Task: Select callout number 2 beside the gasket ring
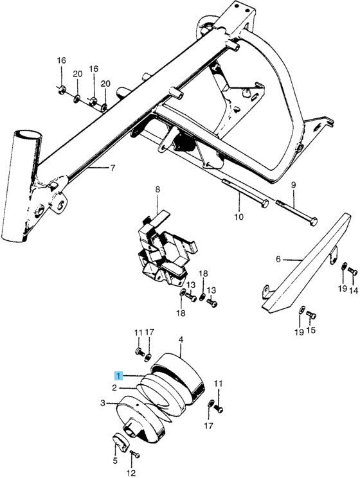point(114,388)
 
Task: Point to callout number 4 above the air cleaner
point(181,339)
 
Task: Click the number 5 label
point(115,461)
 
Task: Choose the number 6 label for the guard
point(278,260)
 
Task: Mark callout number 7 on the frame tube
point(112,168)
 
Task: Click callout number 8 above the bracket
point(157,190)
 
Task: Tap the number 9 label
point(293,186)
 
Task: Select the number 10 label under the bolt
point(239,217)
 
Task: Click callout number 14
point(352,290)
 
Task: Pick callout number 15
point(312,331)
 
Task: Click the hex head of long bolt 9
point(313,221)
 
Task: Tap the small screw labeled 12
point(134,456)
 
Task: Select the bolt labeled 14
point(352,272)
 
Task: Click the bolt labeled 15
point(311,315)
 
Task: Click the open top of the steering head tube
point(26,137)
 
